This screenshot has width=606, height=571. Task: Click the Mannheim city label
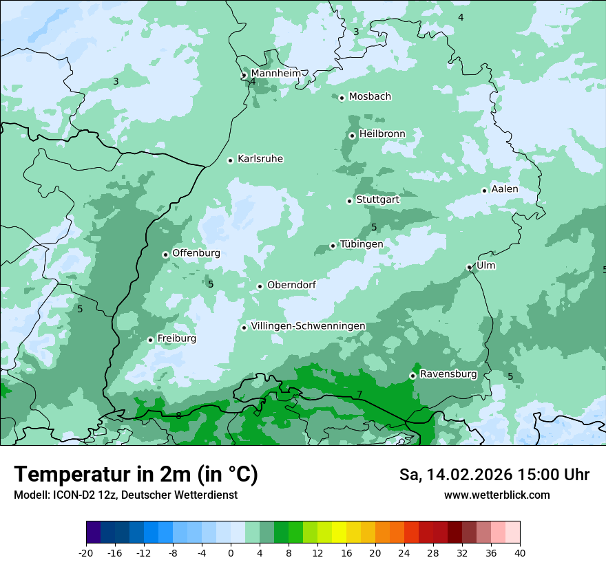coord(276,74)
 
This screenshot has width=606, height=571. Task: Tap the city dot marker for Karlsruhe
coord(231,160)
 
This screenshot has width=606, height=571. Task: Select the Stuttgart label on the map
coord(377,200)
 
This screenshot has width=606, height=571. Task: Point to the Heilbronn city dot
coord(352,136)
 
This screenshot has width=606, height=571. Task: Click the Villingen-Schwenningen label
coord(308,326)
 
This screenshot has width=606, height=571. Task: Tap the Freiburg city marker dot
coord(150,340)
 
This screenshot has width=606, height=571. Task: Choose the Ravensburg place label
coord(448,374)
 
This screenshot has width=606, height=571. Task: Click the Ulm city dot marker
coord(469,267)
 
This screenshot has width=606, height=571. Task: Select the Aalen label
coord(504,189)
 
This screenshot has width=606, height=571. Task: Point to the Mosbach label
coord(370,97)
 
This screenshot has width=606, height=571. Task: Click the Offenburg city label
coord(196,253)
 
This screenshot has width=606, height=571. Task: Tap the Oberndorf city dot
coord(260,286)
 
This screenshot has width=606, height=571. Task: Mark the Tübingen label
coord(361,244)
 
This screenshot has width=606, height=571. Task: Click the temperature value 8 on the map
coord(178,416)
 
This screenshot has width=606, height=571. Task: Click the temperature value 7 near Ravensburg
coord(359,394)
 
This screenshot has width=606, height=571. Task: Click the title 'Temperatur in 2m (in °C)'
coord(136,475)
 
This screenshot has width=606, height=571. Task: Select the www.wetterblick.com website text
coord(497,495)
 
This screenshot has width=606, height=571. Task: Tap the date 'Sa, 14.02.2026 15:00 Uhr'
coord(494,475)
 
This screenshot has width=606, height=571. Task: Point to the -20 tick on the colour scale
coord(86,553)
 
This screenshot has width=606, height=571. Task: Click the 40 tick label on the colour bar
coord(519,553)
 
